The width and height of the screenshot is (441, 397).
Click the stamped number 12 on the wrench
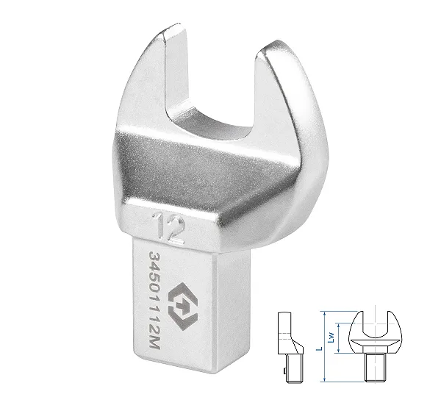click(x=169, y=228)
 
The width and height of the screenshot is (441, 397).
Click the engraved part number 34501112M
click(x=155, y=301)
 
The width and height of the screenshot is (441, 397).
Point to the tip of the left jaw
click(x=173, y=28)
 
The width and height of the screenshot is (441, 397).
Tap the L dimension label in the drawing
click(x=319, y=348)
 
